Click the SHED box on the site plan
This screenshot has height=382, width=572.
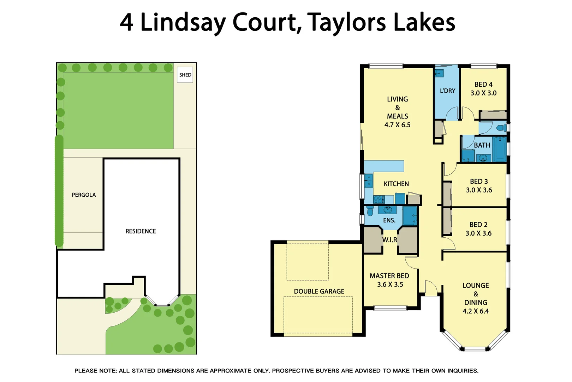click(185, 75)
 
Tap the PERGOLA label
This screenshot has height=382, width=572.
click(84, 195)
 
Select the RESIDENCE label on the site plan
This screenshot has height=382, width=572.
click(141, 231)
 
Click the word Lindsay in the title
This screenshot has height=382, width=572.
click(183, 23)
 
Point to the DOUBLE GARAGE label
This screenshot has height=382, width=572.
click(319, 291)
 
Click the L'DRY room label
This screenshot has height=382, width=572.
click(447, 91)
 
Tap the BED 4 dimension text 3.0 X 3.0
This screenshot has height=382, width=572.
click(483, 93)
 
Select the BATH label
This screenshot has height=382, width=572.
click(482, 145)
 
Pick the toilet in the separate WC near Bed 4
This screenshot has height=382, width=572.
click(501, 128)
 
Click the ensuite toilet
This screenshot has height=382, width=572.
click(370, 211)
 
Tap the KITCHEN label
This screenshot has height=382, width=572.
click(396, 184)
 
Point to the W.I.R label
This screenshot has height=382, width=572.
click(389, 240)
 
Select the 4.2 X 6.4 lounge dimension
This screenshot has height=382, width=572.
click(476, 312)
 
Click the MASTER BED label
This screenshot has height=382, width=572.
click(389, 276)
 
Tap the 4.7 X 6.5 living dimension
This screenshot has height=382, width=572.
click(397, 125)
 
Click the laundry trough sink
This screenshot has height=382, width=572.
click(439, 74)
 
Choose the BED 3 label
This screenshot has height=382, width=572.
click(479, 181)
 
